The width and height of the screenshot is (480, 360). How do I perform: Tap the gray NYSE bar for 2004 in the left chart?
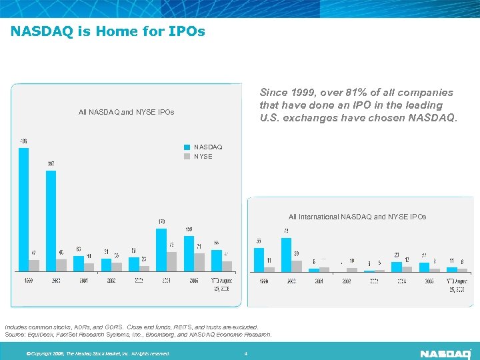172,261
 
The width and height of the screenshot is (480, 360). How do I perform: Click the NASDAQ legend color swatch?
187,147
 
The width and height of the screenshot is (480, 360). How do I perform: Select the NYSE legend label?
203,157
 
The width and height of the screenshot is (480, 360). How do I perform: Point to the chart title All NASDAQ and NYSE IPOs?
126,112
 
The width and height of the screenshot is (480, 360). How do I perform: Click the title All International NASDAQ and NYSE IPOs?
357,217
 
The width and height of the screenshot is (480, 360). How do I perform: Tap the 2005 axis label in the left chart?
194,281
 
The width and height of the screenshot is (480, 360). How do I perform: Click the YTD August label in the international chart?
457,285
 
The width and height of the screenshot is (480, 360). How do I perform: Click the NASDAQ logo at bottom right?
445,353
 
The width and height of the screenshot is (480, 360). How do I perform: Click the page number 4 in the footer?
246,353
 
